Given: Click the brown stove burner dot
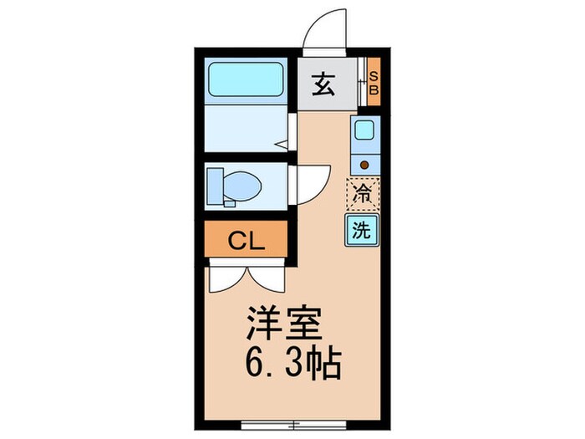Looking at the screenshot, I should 364,164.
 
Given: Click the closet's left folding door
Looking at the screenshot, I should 224,278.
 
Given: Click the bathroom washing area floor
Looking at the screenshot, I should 247,130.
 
